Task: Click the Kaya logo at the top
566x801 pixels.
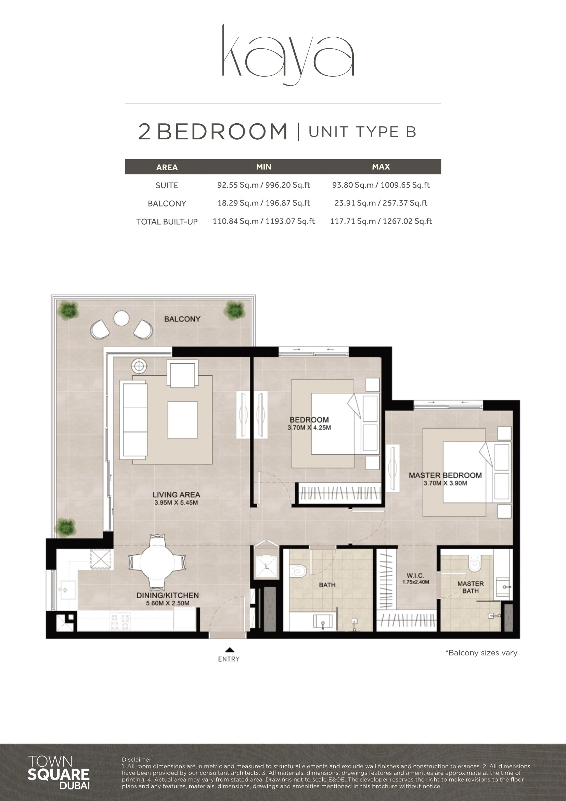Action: (x=288, y=54)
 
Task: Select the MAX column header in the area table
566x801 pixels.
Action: (x=381, y=167)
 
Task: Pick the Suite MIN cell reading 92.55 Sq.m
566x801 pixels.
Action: (x=263, y=185)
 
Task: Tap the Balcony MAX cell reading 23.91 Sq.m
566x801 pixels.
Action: (x=381, y=203)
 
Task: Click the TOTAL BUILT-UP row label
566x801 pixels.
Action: (x=167, y=222)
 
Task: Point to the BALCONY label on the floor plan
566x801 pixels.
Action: (x=182, y=319)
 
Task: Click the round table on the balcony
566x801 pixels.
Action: (x=121, y=318)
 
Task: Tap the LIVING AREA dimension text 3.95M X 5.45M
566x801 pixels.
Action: (x=176, y=503)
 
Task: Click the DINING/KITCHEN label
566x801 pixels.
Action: (x=168, y=596)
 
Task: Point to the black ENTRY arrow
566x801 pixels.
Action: (x=229, y=650)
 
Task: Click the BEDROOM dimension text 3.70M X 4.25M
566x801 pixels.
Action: (x=309, y=428)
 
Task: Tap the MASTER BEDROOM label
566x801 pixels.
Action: (x=446, y=475)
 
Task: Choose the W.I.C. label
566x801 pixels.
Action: (x=415, y=576)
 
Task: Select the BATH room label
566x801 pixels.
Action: (x=327, y=585)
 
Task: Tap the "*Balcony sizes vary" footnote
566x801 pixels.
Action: (x=481, y=653)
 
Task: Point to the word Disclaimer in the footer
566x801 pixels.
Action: (x=137, y=760)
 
